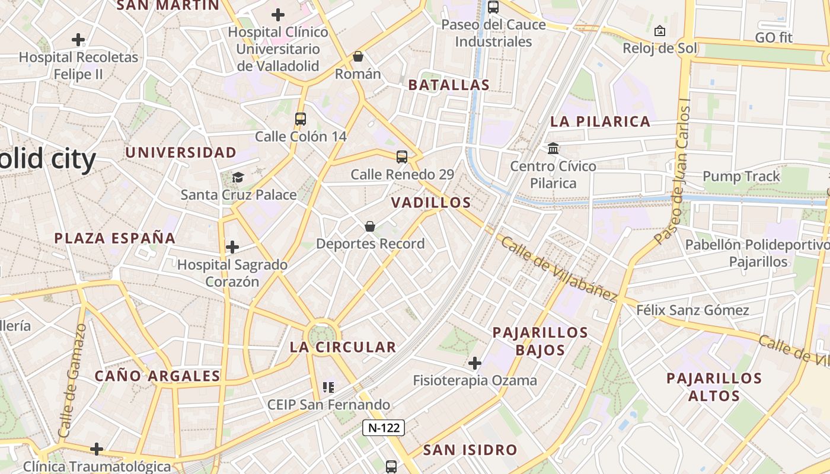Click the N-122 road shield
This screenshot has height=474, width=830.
pos(384,428)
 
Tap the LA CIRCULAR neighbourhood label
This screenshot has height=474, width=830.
pos(343,347)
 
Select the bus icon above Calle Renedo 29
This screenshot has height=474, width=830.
pos(402,157)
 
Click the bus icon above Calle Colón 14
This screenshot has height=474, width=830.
pos(301,119)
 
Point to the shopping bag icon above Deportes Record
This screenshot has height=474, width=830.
pos(370,226)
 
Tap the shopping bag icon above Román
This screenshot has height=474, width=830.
pos(358,56)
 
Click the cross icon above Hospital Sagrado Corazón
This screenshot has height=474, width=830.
pos(232,246)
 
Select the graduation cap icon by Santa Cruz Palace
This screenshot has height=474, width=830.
pos(238,177)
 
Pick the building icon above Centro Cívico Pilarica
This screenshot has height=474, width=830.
pos(553,148)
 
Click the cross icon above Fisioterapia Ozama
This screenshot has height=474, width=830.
pos(475,363)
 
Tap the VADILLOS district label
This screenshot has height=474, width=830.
pos(431,203)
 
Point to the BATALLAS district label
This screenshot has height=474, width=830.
pos(449,85)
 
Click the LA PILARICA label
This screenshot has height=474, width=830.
pos(600,122)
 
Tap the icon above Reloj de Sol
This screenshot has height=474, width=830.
pos(659,31)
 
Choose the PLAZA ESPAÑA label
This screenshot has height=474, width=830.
pos(115,238)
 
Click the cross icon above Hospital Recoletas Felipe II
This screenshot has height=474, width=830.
pos(78,40)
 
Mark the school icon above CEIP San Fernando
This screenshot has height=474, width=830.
pos(328,387)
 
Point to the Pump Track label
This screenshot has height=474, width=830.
pos(741,177)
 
